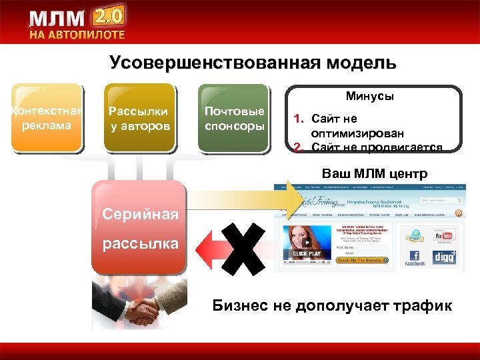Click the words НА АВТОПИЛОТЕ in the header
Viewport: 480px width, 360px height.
tap(76, 35)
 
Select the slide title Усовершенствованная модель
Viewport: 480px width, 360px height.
tap(253, 63)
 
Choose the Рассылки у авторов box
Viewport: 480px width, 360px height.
tap(139, 118)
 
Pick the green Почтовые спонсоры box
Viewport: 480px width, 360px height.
tap(234, 118)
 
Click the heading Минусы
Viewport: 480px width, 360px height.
tap(369, 97)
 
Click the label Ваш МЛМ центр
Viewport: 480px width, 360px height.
tap(375, 175)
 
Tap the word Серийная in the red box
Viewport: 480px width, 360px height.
tap(140, 214)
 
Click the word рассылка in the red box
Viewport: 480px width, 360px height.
tap(140, 243)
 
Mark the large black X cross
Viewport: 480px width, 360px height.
tap(243, 246)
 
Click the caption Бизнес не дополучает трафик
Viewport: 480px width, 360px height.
tap(331, 306)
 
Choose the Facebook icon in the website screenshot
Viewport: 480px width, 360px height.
tap(414, 257)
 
